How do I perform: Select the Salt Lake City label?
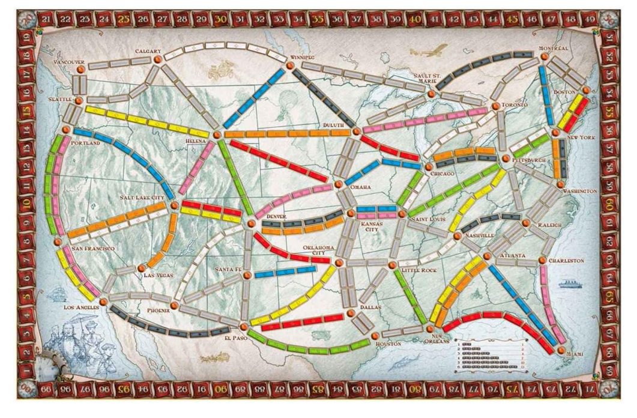(142, 197)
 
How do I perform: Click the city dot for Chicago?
(428, 166)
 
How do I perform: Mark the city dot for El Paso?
(242, 326)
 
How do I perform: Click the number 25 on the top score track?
(124, 19)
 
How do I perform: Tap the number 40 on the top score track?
(414, 19)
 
